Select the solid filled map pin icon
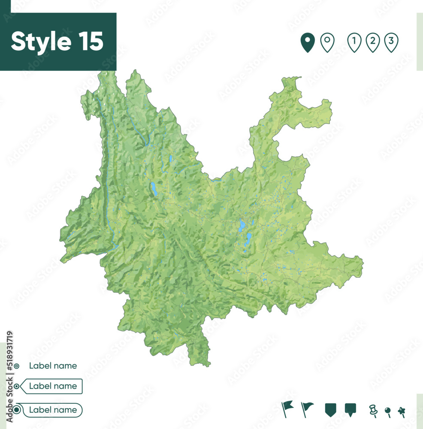pos(307,43)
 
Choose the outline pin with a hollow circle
pos(327,43)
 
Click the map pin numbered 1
pos(354,42)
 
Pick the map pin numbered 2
pos(373,42)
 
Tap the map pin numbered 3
pos(391,42)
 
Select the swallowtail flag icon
pos(287,408)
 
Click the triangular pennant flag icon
pos(307,408)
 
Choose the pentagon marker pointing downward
pos(330,409)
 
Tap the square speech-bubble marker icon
pos(350,409)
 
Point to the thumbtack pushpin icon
pos(373,411)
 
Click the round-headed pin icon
pos(388,411)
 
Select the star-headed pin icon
pos(402,411)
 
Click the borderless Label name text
pos(53,366)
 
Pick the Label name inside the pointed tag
pos(53,386)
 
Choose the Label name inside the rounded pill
pos(53,410)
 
